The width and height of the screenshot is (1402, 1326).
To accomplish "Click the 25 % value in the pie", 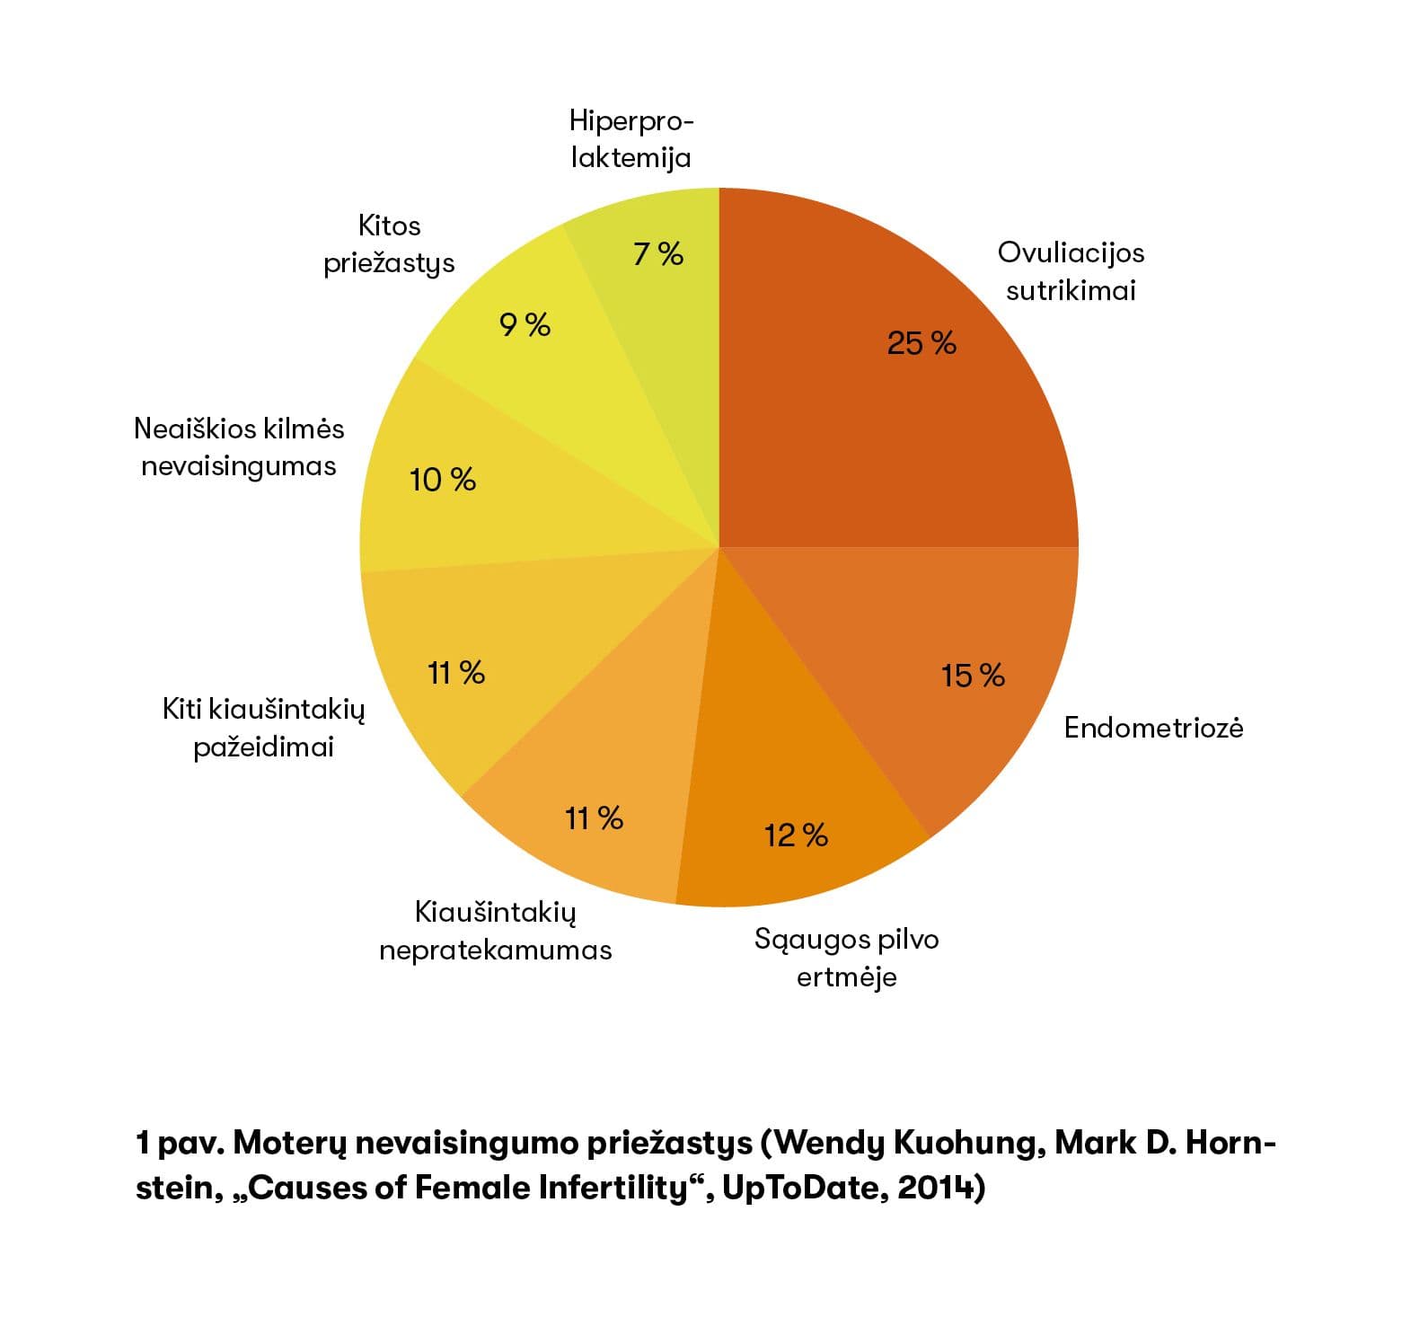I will tap(921, 343).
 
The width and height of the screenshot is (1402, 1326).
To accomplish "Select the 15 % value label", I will tap(972, 676).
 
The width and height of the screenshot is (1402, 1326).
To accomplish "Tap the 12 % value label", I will tap(796, 835).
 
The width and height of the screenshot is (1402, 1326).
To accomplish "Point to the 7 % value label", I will tap(658, 254).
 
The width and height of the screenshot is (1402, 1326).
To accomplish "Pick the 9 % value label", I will tap(525, 324).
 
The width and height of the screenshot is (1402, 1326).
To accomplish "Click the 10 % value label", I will tap(442, 480).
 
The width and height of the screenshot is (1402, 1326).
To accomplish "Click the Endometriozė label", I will tap(1153, 728).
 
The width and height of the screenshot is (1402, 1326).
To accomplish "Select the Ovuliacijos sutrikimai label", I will tap(1071, 271).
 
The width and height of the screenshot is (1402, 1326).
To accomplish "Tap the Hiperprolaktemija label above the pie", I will tap(631, 139).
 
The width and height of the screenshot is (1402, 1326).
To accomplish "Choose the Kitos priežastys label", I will tap(389, 243).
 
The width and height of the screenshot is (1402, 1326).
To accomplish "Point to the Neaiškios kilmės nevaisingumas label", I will tap(239, 446).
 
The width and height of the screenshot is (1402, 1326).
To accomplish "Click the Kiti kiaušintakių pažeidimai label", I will tap(263, 728).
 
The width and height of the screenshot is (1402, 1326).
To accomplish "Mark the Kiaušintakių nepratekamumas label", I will tap(495, 931).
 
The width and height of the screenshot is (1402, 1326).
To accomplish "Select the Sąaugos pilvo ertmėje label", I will tap(846, 958).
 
